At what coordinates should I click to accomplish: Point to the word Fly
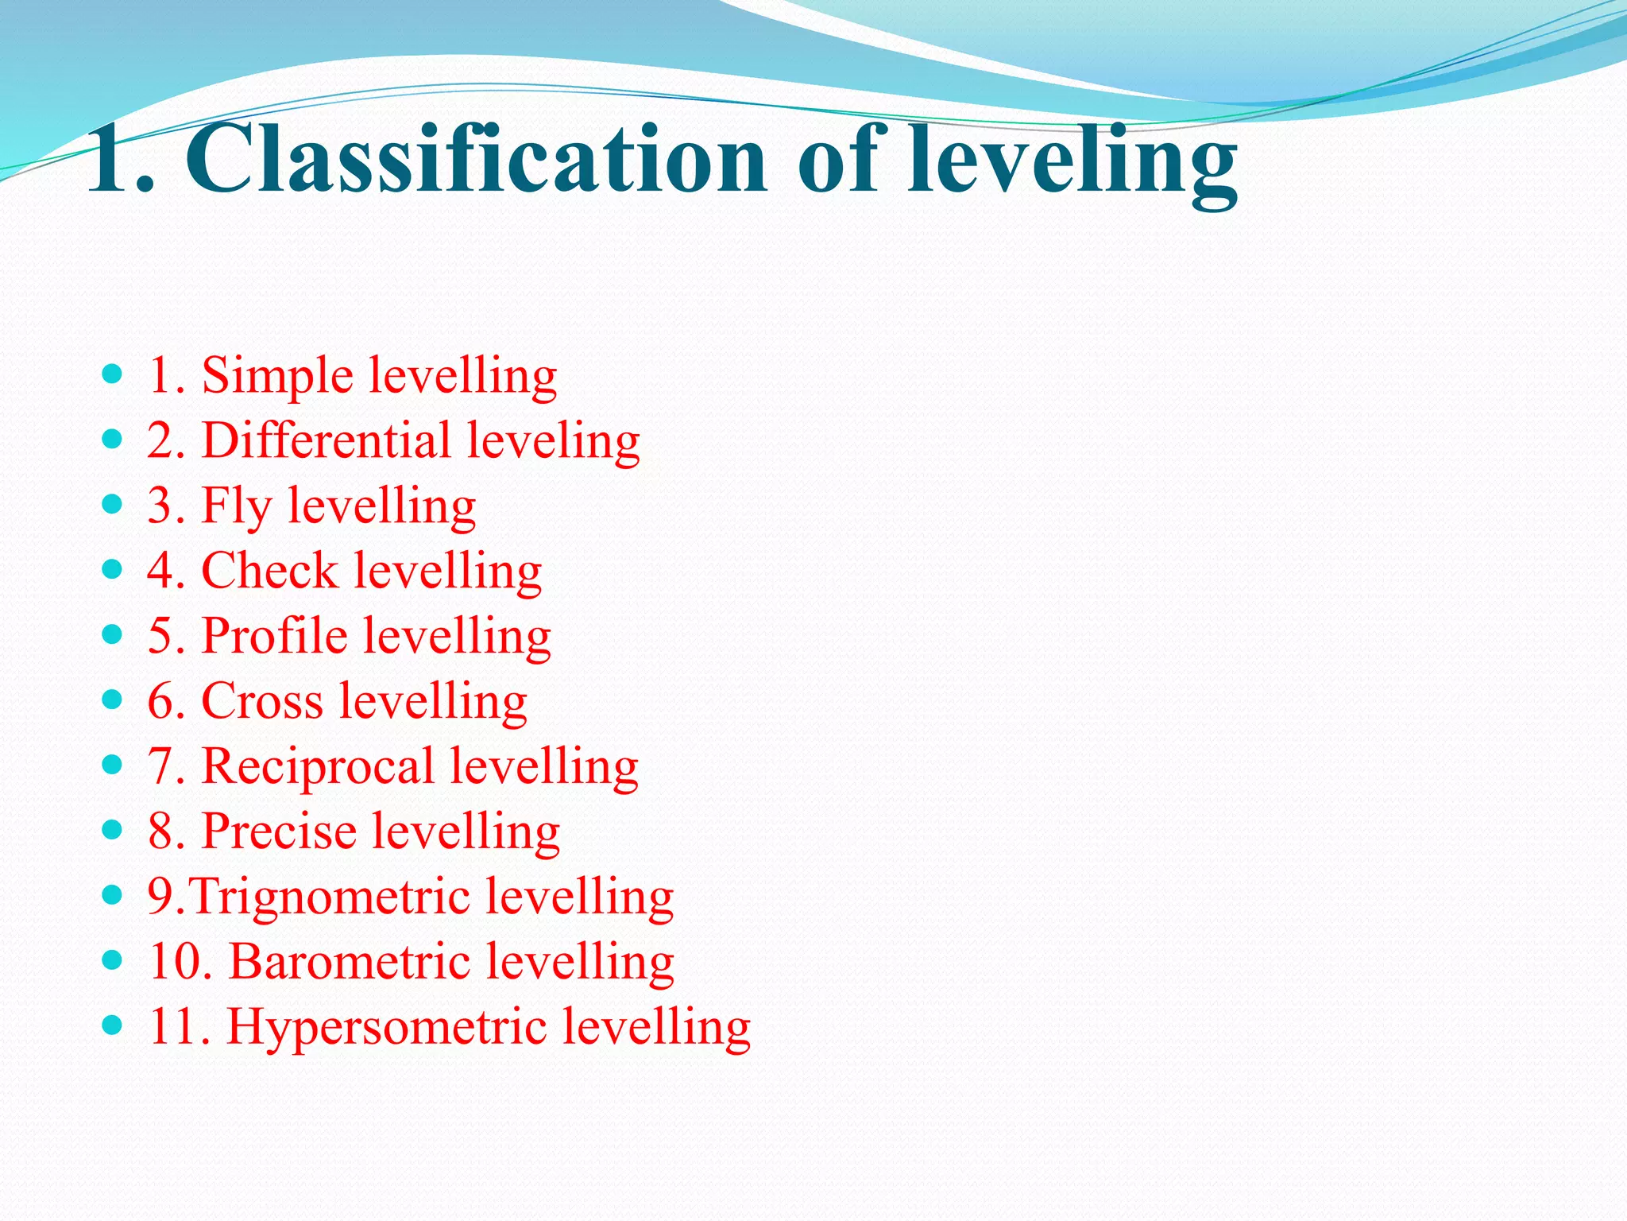(236, 507)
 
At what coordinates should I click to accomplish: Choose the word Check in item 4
(270, 571)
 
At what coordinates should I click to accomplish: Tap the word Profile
(275, 636)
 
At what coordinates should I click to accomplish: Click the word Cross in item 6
(262, 701)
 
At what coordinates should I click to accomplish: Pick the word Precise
(280, 831)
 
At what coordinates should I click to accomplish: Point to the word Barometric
(350, 962)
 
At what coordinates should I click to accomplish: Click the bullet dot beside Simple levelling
(113, 374)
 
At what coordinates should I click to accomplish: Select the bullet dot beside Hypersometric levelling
(113, 1025)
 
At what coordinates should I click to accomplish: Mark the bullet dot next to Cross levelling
(113, 700)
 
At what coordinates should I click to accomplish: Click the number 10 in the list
(176, 962)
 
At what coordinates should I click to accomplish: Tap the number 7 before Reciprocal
(162, 766)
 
